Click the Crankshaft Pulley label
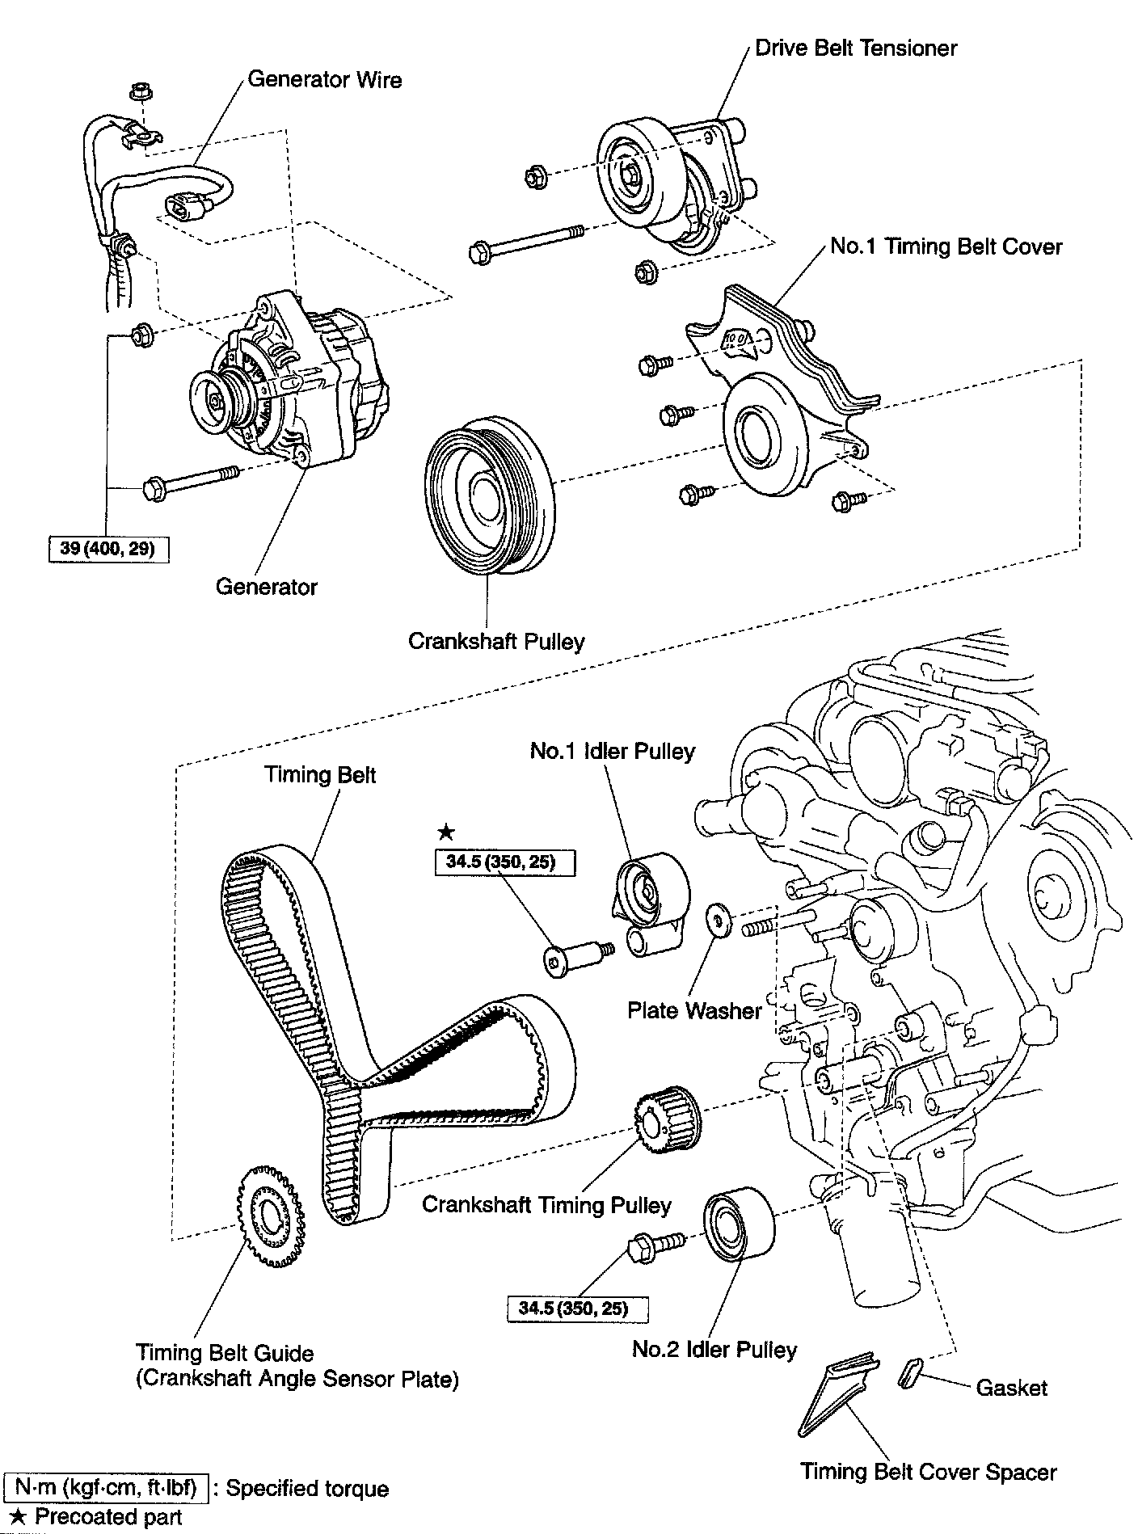pyautogui.click(x=495, y=642)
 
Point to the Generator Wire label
pyautogui.click(x=324, y=79)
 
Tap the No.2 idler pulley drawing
pyautogui.click(x=737, y=1224)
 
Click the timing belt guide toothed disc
pyautogui.click(x=271, y=1213)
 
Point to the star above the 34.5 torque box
pyautogui.click(x=445, y=832)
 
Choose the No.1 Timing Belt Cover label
pyautogui.click(x=946, y=247)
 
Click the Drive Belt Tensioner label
pyautogui.click(x=855, y=48)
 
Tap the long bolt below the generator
pyautogui.click(x=191, y=483)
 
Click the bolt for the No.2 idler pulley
pyautogui.click(x=655, y=1245)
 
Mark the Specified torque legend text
pyautogui.click(x=307, y=1488)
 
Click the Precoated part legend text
pyautogui.click(x=108, y=1517)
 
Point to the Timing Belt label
pyautogui.click(x=320, y=775)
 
